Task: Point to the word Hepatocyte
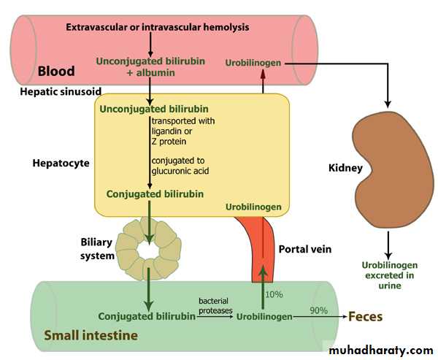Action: [x=61, y=163]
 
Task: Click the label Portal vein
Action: [x=305, y=249]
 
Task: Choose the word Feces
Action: [x=364, y=317]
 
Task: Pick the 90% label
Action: [x=318, y=310]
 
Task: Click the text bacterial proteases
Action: [x=215, y=305]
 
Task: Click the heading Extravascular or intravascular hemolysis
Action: [x=158, y=27]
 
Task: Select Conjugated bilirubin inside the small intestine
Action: [x=147, y=317]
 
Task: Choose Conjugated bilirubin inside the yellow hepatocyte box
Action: [x=155, y=194]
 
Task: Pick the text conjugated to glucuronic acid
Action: [x=179, y=165]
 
